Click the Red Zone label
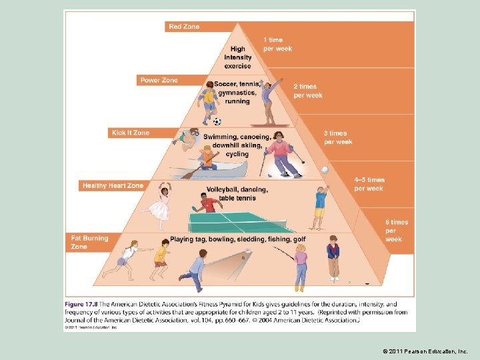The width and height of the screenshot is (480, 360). coord(184,27)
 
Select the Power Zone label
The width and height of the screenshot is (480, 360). coord(159,80)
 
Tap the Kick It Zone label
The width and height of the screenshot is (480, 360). coord(131,133)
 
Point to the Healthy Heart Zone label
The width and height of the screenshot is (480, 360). coord(113,185)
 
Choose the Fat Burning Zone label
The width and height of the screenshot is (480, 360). coord(89,242)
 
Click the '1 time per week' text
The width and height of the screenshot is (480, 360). coord(277,44)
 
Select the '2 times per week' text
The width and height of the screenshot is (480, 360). coord(307,91)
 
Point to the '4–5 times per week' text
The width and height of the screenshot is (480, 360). coord(369,184)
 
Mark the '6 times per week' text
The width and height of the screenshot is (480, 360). coord(396,230)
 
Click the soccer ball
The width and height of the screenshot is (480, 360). coord(217,121)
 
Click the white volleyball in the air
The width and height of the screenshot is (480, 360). coord(325,170)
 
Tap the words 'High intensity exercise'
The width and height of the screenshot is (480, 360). coord(238,57)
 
